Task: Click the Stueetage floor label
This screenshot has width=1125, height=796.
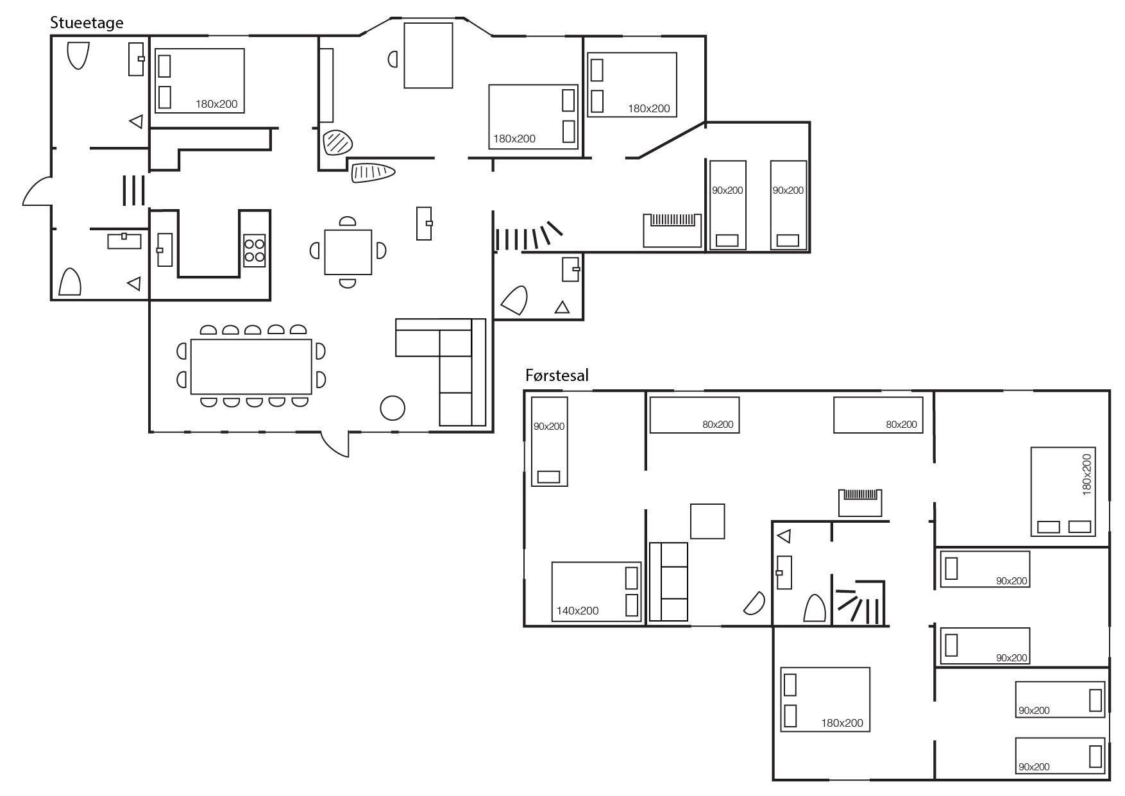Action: tap(87, 23)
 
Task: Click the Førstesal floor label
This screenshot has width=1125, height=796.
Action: tap(557, 375)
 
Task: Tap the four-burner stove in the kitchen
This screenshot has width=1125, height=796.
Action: tap(255, 251)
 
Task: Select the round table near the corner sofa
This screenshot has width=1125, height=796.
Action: tap(393, 407)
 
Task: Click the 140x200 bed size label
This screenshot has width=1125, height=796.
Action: tap(577, 611)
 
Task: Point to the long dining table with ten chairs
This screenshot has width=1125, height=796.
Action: tap(251, 366)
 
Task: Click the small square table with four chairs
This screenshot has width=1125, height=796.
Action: tap(348, 251)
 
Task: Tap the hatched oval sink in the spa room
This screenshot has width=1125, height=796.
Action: tap(337, 142)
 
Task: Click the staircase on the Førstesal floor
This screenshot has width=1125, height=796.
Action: tap(859, 603)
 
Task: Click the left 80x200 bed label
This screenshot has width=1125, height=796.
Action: tap(718, 425)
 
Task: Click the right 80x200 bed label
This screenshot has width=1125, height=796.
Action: tap(901, 425)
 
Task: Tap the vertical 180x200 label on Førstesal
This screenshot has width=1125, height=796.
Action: tap(1087, 475)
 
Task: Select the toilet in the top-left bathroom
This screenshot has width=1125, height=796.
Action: tap(78, 55)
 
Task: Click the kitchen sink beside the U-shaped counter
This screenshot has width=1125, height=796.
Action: tap(164, 250)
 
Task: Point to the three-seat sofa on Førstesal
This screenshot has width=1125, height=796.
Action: tap(668, 582)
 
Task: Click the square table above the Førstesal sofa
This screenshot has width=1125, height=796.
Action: tap(707, 521)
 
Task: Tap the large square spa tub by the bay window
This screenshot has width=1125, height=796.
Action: tap(428, 55)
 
